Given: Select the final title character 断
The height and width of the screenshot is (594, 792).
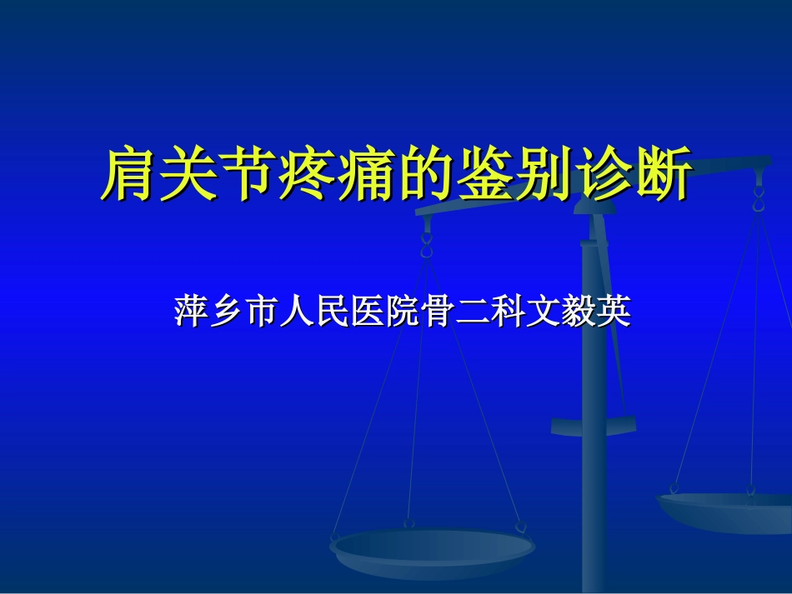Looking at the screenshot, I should (x=663, y=174).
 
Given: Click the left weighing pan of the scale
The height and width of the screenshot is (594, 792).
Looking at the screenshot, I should (x=433, y=551).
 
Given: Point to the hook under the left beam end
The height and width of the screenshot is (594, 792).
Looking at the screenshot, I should (x=427, y=244).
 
